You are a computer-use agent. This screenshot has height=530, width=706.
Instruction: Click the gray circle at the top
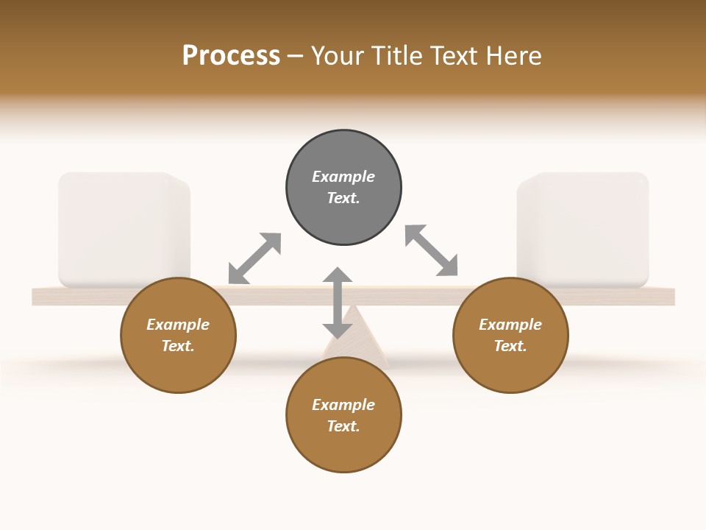coord(343,188)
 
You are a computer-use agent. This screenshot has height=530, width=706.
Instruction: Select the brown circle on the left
coord(178,335)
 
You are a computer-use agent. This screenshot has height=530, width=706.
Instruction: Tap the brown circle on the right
coord(510,335)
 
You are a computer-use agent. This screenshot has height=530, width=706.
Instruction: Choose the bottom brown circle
coord(343,415)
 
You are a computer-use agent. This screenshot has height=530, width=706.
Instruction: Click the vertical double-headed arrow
coord(338,303)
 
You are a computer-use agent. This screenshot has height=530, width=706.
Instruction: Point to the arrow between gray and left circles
coord(254,258)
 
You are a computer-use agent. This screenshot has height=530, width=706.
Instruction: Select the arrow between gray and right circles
coord(432,250)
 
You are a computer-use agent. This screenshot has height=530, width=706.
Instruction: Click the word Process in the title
coord(231,55)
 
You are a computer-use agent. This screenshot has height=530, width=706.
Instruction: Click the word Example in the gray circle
coord(343,177)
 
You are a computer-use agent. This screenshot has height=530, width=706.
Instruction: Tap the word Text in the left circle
coord(177,346)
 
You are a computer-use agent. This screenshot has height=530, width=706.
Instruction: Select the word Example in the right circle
coord(510,325)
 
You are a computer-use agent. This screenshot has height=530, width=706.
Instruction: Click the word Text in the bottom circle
coord(343,426)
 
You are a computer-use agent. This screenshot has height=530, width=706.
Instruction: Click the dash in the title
coord(296,56)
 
